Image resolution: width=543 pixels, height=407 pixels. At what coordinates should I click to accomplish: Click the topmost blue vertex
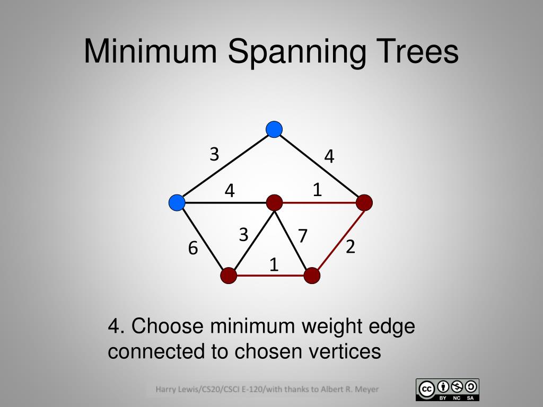tap(274, 129)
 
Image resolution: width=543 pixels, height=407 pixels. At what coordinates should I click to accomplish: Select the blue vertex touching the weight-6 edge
tap(177, 202)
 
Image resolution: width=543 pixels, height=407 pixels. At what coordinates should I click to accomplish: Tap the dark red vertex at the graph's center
tap(274, 202)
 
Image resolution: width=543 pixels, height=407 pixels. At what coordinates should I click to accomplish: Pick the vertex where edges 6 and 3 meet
tap(229, 276)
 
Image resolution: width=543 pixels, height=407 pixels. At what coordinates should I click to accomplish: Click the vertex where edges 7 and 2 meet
tap(312, 276)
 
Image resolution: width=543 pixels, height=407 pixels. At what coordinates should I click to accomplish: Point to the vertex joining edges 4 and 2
tap(364, 202)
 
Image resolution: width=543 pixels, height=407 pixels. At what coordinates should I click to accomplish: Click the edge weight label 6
tap(193, 247)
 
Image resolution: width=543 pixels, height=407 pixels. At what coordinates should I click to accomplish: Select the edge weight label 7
tap(303, 236)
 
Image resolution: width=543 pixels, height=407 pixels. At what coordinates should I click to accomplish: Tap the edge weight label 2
tap(350, 246)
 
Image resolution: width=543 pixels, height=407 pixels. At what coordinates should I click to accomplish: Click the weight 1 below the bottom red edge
tap(274, 264)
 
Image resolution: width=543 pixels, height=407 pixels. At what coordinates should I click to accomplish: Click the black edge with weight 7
tap(293, 239)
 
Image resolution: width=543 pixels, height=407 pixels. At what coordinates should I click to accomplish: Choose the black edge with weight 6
tap(203, 239)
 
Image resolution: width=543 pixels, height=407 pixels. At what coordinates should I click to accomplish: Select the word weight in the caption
tap(325, 326)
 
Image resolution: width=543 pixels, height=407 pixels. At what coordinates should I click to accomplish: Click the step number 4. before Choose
tap(117, 326)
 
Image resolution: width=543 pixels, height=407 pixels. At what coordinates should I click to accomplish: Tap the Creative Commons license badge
tap(448, 390)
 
